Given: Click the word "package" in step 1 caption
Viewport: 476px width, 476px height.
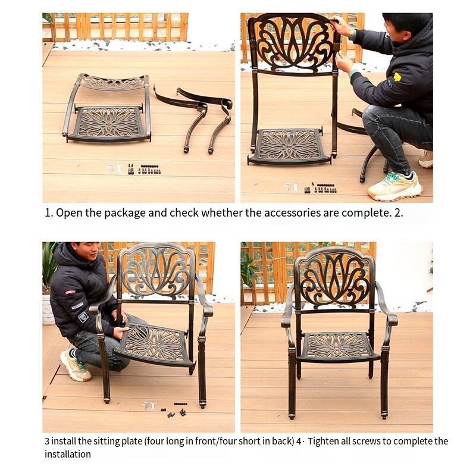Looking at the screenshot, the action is (x=125, y=213).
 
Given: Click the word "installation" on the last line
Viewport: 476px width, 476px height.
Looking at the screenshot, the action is (x=68, y=455).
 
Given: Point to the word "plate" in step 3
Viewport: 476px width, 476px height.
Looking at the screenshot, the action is (x=131, y=441).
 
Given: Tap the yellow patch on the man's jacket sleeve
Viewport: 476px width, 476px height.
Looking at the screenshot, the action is (x=397, y=77).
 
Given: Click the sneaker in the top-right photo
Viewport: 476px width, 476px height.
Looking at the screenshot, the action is (x=395, y=187).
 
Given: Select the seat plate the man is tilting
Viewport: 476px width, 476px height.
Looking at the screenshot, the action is (x=154, y=345).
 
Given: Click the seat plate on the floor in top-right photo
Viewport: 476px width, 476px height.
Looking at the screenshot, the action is (x=289, y=146).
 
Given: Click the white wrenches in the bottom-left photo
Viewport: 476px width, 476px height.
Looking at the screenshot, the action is (x=149, y=406).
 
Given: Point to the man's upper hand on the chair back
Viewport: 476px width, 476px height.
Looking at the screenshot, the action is (x=340, y=26).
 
